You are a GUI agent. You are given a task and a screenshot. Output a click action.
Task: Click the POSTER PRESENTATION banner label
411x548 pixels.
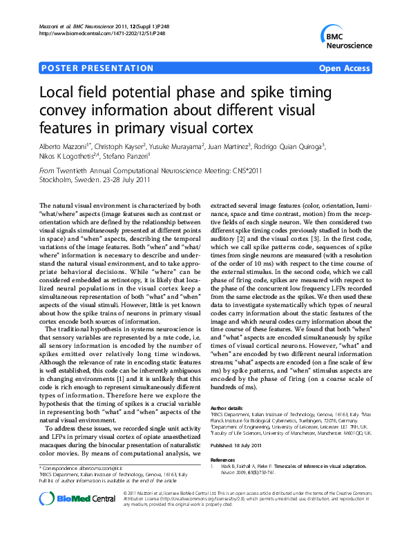[x=97, y=68]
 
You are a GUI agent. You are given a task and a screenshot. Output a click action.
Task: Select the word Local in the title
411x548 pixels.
[x=59, y=92]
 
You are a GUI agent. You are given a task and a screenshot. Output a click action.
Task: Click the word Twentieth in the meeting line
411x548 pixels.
[x=77, y=170]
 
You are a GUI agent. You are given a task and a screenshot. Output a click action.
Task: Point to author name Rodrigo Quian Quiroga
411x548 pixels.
[x=290, y=147]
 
